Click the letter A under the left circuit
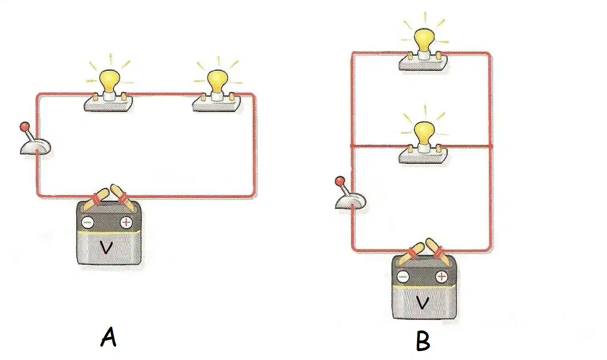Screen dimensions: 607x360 (109, 337)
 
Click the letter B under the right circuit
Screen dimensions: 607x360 (423, 342)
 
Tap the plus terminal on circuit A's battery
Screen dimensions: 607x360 (126, 222)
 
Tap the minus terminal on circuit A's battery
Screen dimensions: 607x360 (87, 222)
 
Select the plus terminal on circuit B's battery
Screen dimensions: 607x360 (441, 276)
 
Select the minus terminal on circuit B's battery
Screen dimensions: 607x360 (403, 276)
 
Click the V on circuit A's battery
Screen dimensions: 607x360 (106, 247)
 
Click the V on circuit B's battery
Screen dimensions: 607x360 (422, 303)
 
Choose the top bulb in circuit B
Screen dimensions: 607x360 (424, 41)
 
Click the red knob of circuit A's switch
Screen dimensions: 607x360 (25, 127)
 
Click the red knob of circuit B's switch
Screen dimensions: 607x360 (340, 181)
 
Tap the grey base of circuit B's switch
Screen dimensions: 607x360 (350, 202)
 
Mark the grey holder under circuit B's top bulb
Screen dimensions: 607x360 (423, 61)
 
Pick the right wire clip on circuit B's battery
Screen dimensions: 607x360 (435, 248)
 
